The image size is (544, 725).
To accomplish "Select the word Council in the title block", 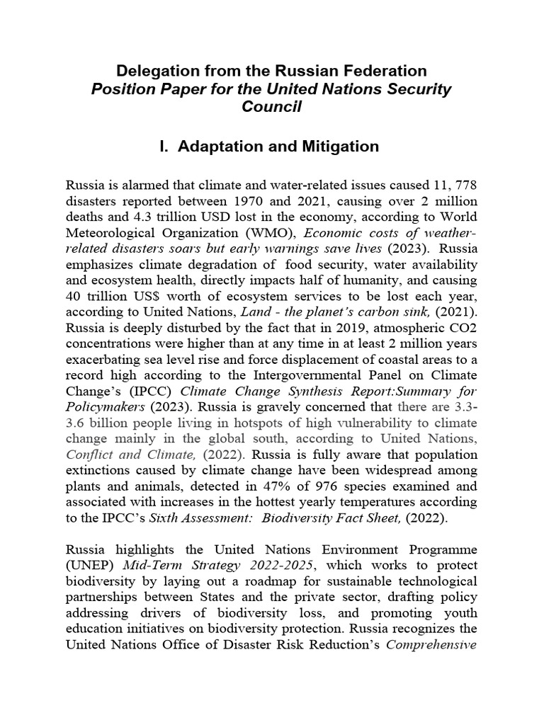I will (272, 107).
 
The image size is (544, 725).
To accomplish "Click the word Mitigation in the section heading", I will (334, 147).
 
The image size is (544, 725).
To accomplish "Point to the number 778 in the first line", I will (465, 185).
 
